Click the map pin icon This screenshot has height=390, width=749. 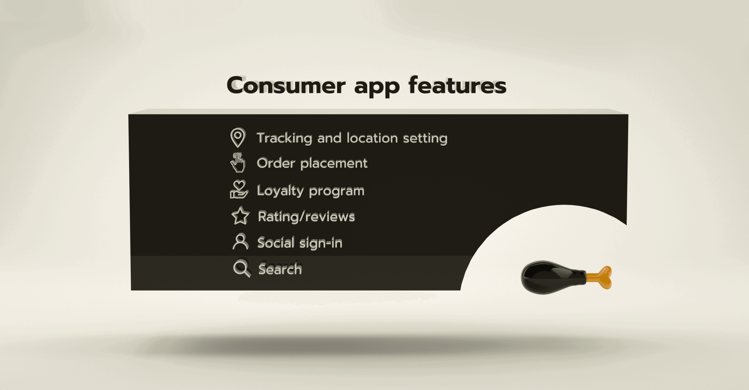point(238,137)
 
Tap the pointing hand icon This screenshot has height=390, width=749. point(238,162)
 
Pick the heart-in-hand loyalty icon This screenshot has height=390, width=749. point(239,189)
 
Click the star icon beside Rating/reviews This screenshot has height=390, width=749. point(240,216)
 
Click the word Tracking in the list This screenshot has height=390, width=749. point(284,138)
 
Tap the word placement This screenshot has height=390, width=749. point(334,163)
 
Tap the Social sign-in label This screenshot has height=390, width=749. point(300,243)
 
